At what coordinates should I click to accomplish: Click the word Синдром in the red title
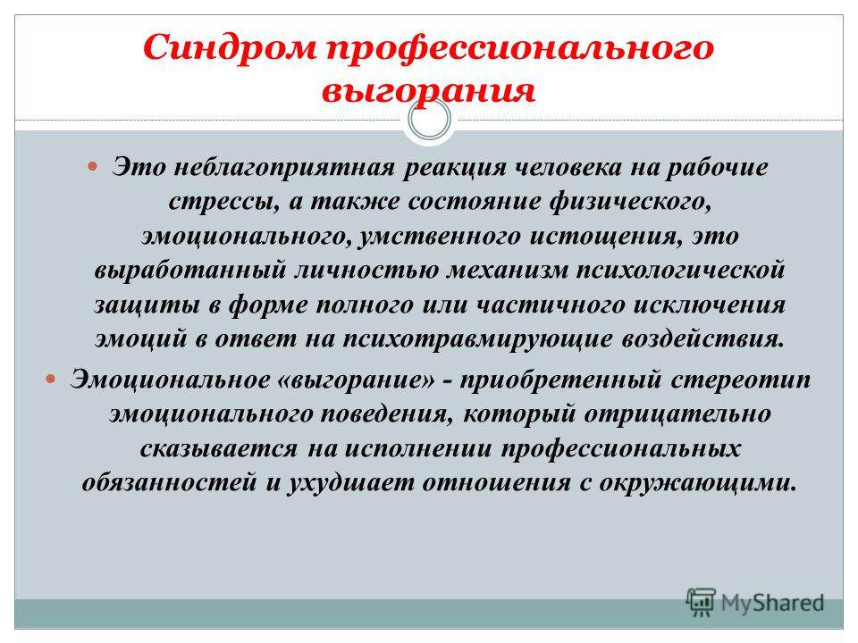click(x=230, y=47)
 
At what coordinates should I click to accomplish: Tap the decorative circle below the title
click(x=430, y=119)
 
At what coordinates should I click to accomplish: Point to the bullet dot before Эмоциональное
click(x=51, y=378)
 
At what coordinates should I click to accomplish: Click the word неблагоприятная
click(x=284, y=167)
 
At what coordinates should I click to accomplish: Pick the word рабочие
click(x=717, y=167)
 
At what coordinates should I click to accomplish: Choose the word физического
click(x=630, y=201)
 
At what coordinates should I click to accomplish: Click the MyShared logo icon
click(x=701, y=602)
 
